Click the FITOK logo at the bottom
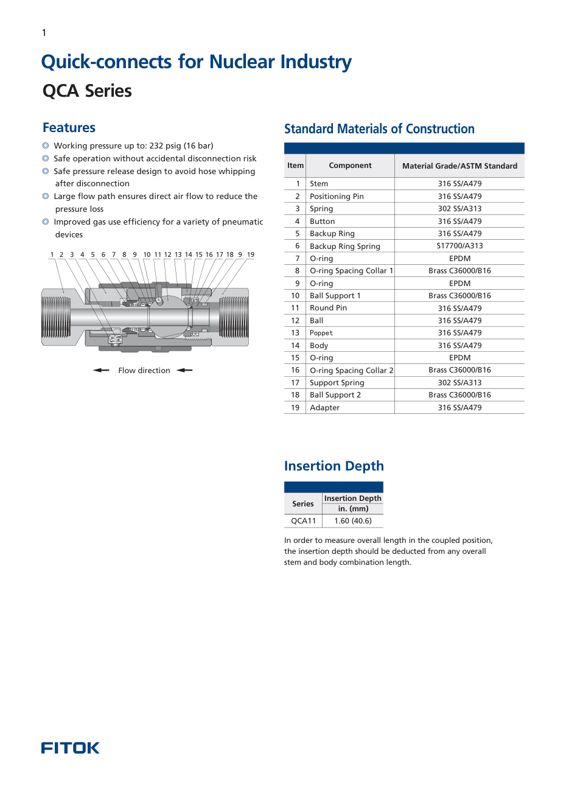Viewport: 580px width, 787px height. (70, 748)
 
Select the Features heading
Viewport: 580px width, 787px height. (69, 128)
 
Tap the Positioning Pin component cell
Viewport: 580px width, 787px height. (337, 197)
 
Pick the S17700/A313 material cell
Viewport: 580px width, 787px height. (459, 246)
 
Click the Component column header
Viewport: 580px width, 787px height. (350, 166)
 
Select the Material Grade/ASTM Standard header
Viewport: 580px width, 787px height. (459, 166)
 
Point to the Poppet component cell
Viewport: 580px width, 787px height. (321, 333)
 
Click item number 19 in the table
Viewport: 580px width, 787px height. (295, 408)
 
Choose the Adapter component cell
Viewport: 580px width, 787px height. (324, 408)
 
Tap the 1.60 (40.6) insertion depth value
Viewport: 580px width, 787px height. (352, 521)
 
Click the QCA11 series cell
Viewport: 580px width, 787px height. (303, 521)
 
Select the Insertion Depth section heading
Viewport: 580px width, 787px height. (334, 466)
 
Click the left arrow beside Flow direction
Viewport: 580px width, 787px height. (101, 370)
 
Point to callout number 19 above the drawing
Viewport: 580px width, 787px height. (251, 255)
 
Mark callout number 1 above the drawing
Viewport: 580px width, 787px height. (52, 255)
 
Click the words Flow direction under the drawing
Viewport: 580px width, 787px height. (144, 371)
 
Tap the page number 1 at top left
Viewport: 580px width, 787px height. (44, 33)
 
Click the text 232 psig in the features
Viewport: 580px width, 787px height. (164, 146)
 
